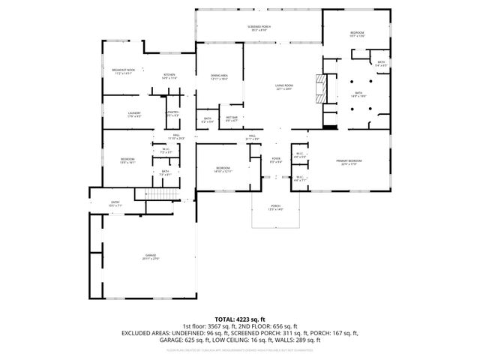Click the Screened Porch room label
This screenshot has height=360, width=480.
[259, 28]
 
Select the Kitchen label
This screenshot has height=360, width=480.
[169, 76]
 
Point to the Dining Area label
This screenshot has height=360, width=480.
[219, 76]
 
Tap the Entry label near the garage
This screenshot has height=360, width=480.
[115, 203]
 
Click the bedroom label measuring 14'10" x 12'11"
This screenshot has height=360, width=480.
[223, 169]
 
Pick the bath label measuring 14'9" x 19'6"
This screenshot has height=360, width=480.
[358, 94]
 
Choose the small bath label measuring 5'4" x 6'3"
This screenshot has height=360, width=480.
[381, 64]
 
